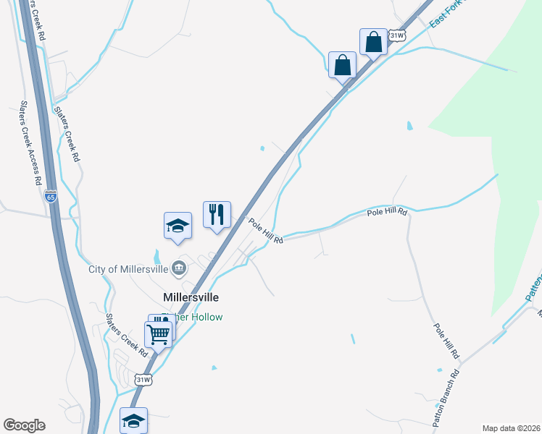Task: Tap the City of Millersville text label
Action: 128,270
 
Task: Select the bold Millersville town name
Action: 191,297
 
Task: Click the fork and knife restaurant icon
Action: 216,214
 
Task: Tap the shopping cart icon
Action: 159,333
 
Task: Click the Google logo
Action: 24,425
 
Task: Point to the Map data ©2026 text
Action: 511,427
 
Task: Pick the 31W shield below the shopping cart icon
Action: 143,379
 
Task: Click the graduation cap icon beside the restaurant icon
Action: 178,226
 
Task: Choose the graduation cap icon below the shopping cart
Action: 133,420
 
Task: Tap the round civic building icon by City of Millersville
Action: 178,270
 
